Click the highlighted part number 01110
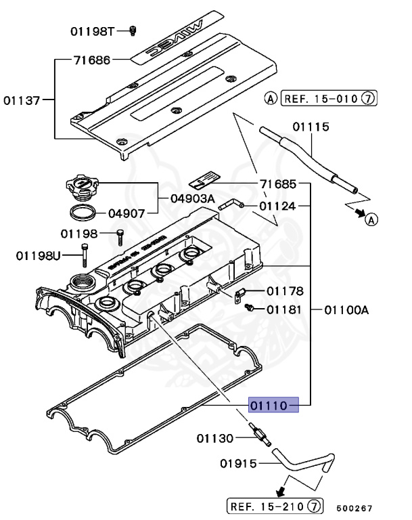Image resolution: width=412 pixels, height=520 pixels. (x=273, y=405)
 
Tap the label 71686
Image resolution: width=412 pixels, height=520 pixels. (x=91, y=60)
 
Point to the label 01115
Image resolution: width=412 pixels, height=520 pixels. (x=311, y=127)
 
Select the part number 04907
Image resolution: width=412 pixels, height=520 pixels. (x=127, y=213)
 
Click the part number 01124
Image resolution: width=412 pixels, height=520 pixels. (x=277, y=205)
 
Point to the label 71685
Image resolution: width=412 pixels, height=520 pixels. (x=277, y=184)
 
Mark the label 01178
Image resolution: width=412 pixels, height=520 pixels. (x=284, y=291)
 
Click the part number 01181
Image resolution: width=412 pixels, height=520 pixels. (x=284, y=309)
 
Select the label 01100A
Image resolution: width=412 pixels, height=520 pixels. (x=346, y=309)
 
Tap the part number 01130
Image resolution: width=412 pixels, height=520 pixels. (x=215, y=438)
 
